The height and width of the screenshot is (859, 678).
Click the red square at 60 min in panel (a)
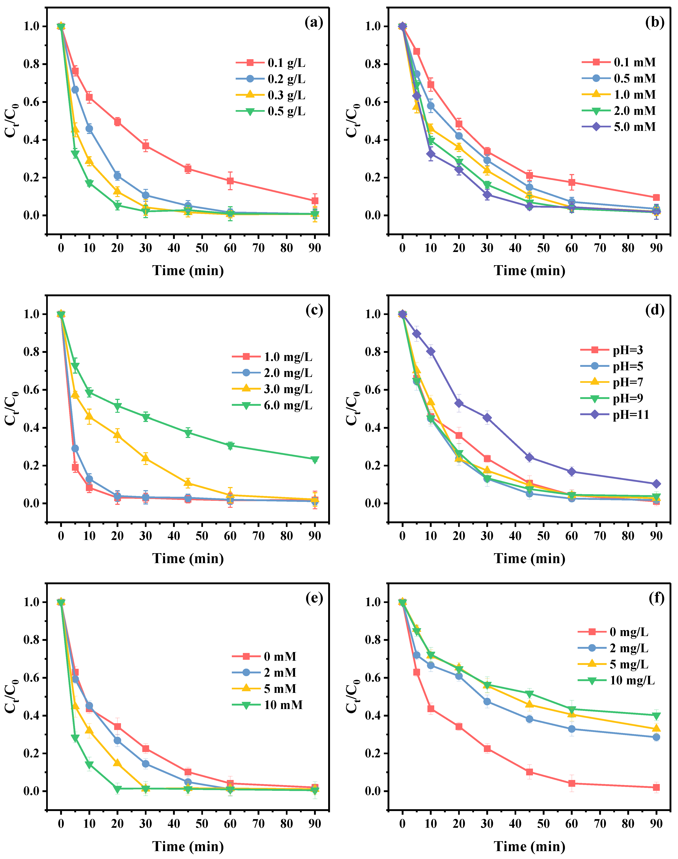click(230, 181)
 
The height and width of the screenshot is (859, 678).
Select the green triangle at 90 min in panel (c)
click(315, 459)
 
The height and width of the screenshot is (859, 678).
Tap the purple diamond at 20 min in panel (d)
click(459, 403)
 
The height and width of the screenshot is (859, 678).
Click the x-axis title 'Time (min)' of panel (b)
click(529, 271)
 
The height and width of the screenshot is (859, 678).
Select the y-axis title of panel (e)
click(12, 696)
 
